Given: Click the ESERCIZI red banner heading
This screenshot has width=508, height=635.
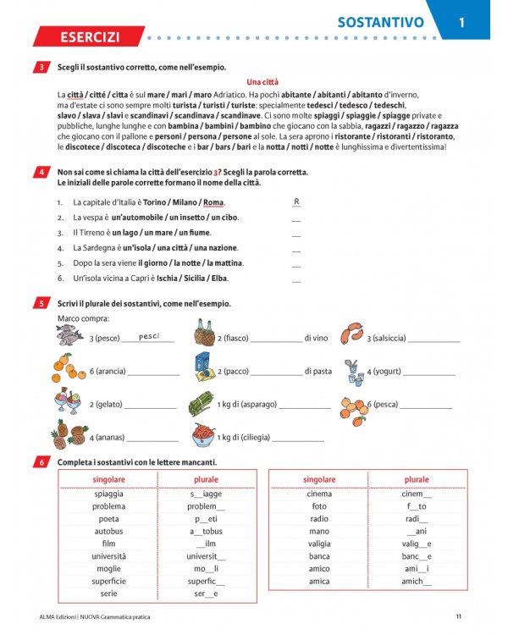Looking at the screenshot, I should pos(88,37).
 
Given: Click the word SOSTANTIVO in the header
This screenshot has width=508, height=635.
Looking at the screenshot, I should pos(380,23).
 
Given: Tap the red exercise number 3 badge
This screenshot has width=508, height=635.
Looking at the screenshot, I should pos(42,68).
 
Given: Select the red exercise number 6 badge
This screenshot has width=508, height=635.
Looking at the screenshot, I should pos(42,462).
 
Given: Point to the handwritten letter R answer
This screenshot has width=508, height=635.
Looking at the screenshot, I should pos(296,202).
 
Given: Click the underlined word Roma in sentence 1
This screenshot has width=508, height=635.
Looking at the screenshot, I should pos(213,202).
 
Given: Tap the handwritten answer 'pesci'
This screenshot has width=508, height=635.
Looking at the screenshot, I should pos(149,336).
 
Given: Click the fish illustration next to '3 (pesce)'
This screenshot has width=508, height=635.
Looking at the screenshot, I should pos(71,335).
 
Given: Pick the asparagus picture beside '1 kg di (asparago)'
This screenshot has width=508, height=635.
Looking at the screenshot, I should pos(202,403).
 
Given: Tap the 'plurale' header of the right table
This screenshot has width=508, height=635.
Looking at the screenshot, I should pos(417,480).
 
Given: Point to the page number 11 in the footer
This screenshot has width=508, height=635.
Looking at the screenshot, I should pos(458,616).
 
